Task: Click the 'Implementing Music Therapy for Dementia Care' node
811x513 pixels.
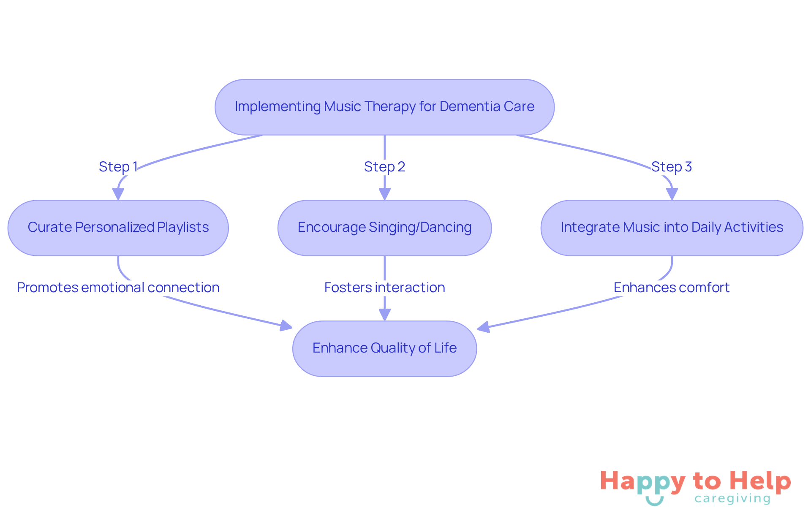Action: point(384,107)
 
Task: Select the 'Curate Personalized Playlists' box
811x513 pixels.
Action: point(118,228)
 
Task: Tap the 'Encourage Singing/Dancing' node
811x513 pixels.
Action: point(384,228)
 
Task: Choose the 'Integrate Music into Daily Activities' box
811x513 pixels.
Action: point(672,228)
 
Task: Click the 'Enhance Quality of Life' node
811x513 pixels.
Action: point(384,348)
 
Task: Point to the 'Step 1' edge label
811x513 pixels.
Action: point(118,167)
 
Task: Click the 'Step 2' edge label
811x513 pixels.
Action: point(384,167)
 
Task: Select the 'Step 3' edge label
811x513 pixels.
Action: point(672,167)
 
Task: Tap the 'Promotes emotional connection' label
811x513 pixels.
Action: point(118,288)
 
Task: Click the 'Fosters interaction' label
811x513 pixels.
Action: point(384,288)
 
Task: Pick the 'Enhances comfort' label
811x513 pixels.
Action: point(672,288)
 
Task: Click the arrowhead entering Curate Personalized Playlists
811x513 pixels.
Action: point(118,194)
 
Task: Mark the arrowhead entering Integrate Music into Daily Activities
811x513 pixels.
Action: point(672,194)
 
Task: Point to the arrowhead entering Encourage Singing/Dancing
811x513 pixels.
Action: point(384,194)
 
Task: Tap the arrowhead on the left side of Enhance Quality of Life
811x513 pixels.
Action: point(286,326)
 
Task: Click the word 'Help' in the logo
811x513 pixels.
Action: point(760,481)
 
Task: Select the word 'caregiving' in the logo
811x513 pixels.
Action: point(732,499)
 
